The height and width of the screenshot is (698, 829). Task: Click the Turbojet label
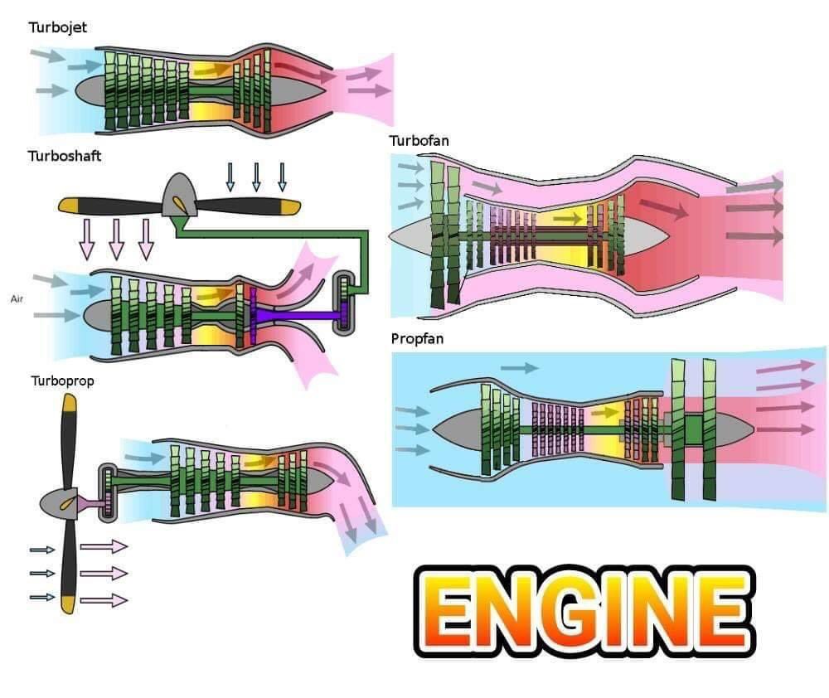(x=57, y=28)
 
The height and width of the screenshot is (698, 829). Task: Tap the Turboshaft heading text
(x=65, y=155)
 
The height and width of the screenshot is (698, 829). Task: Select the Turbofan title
(x=419, y=140)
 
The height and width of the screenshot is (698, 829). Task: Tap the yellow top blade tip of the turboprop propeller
(x=69, y=405)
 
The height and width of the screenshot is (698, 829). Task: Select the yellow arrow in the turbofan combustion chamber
(x=569, y=217)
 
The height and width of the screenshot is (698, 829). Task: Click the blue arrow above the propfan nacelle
(x=520, y=367)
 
